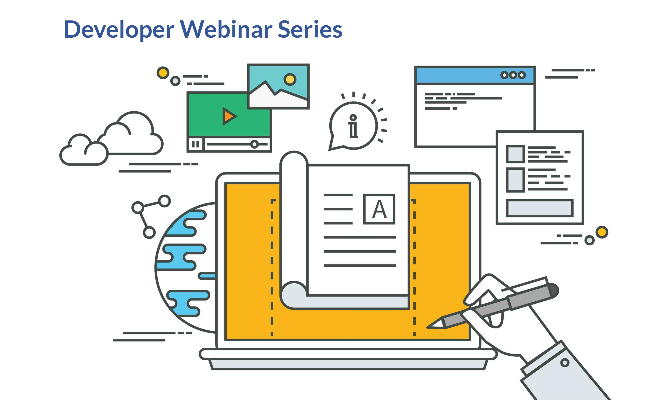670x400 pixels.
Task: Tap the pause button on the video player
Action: tap(196, 144)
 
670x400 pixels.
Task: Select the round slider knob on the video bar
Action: tap(254, 144)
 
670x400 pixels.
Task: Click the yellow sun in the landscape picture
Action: tap(290, 79)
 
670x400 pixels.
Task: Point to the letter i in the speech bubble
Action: tap(353, 126)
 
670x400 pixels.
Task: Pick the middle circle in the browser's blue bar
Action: tap(513, 75)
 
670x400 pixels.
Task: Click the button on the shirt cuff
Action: tap(565, 363)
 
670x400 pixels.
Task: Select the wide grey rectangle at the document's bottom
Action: tap(540, 208)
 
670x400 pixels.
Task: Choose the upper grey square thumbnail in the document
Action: tap(515, 154)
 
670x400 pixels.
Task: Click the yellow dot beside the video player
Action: tap(163, 73)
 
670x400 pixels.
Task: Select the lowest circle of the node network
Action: tap(149, 232)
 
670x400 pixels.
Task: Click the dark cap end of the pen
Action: tap(554, 291)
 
